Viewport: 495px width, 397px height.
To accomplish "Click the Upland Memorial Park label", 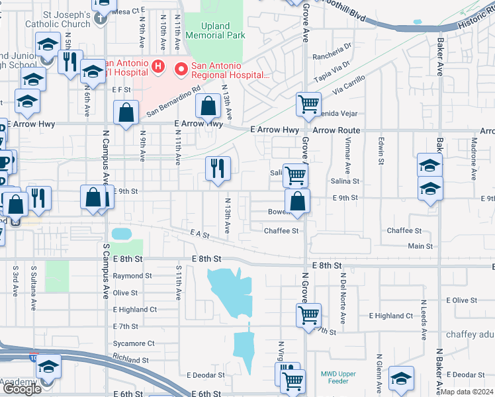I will tap(214, 31).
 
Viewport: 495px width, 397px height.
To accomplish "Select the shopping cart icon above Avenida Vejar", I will tap(308, 104).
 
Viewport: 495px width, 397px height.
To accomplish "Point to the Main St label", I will tap(420, 246).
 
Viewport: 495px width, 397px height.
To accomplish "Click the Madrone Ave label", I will tap(473, 165).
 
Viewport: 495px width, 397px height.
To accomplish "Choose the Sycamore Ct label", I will tap(133, 343).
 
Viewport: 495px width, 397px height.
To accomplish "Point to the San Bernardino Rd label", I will tap(173, 101).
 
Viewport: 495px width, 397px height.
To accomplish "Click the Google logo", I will tap(22, 389).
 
